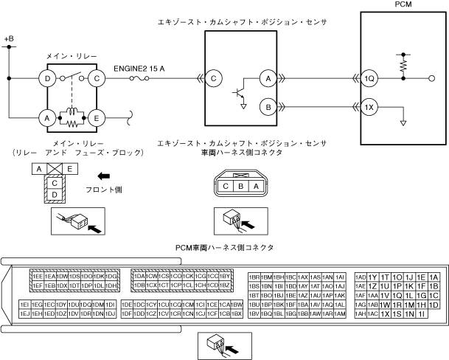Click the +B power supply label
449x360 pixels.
(x=9, y=38)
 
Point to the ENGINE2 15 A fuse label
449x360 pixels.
(x=139, y=69)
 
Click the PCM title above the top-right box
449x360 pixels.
(x=404, y=5)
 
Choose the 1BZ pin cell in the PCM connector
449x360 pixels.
(x=226, y=285)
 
